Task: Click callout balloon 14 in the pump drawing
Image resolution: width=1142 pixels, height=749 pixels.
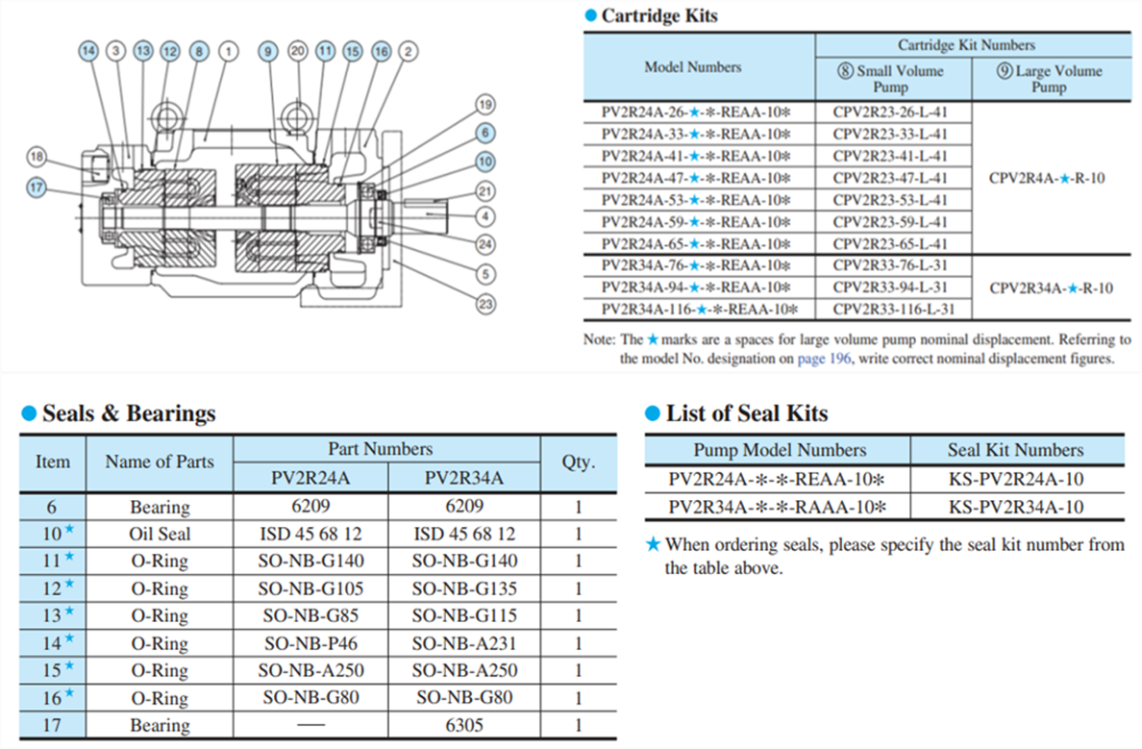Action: click(89, 51)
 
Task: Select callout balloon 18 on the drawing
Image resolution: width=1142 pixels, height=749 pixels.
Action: click(37, 156)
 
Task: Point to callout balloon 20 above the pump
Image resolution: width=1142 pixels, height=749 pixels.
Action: click(297, 51)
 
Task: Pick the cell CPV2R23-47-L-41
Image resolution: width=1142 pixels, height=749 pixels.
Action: click(890, 178)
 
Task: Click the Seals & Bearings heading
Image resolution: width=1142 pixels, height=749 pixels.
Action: click(129, 413)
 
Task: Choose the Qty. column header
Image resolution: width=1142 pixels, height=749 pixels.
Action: click(578, 462)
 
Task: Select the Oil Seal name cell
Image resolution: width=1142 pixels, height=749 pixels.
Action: click(160, 534)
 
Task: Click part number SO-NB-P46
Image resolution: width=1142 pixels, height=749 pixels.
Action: click(310, 643)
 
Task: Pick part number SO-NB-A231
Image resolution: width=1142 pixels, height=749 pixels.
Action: click(464, 643)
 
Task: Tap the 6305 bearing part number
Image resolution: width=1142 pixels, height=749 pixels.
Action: click(464, 726)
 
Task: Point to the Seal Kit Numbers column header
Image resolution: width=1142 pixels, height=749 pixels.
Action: click(1015, 450)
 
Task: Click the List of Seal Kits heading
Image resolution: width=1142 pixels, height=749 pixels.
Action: click(746, 413)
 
